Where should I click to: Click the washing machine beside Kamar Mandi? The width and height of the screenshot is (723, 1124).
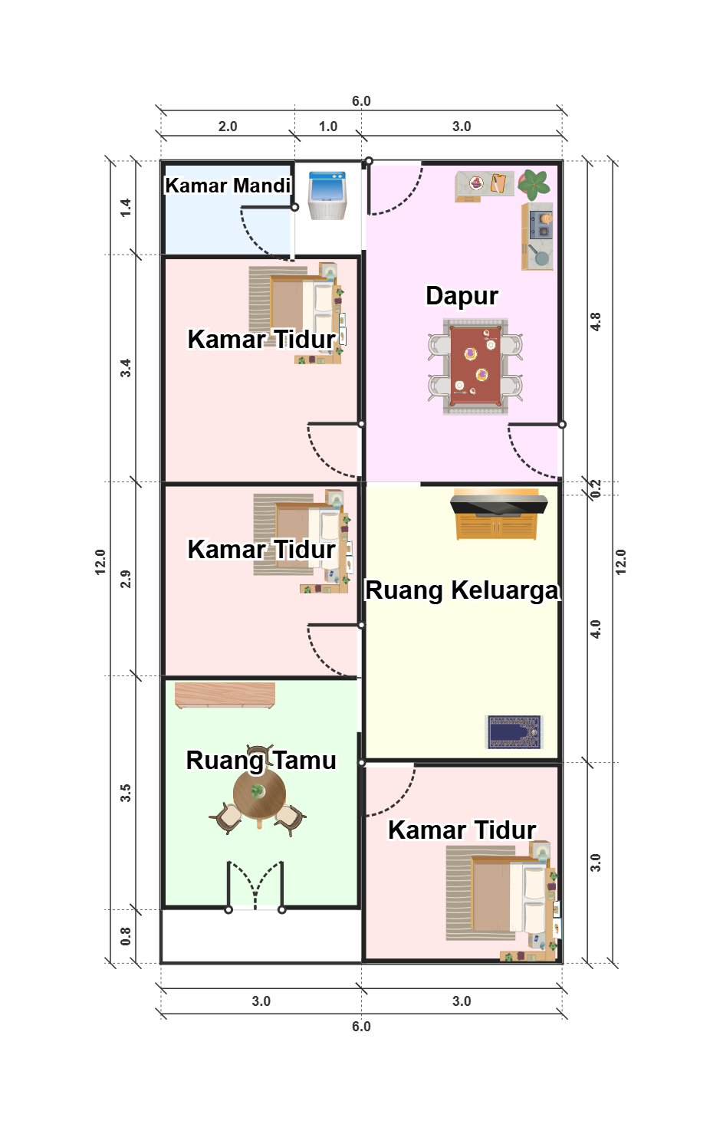327,196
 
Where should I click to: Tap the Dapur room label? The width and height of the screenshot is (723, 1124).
462,295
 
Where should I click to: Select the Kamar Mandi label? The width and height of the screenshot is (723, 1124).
228,186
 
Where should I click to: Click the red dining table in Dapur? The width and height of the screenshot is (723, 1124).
475,366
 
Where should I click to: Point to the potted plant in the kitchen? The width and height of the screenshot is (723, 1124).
534,184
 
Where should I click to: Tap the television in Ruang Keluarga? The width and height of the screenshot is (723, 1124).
498,504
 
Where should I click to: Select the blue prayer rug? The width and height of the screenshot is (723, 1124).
514,731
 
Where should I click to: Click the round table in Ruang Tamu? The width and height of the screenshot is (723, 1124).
259,794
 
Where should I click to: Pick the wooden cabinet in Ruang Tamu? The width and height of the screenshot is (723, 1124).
225,695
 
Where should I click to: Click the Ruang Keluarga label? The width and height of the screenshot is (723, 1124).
462,590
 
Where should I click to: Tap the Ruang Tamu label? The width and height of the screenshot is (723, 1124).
261,761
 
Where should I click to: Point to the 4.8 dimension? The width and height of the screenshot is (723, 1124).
596,322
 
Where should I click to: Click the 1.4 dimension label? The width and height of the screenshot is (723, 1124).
126,208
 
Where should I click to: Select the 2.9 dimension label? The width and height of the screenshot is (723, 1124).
126,579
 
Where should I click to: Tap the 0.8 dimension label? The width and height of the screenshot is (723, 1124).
126,936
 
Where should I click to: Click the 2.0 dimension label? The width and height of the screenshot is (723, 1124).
228,127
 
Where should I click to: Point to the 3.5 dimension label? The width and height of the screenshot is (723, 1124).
126,793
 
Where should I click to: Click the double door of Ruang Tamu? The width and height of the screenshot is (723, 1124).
255,886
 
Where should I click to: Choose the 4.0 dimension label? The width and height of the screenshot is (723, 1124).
596,629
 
